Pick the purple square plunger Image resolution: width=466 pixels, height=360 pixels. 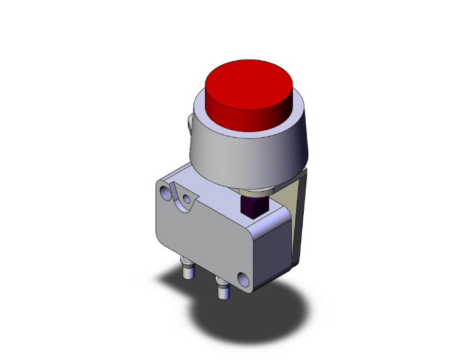(254, 206)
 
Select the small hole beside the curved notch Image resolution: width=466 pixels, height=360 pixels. (186, 200)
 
